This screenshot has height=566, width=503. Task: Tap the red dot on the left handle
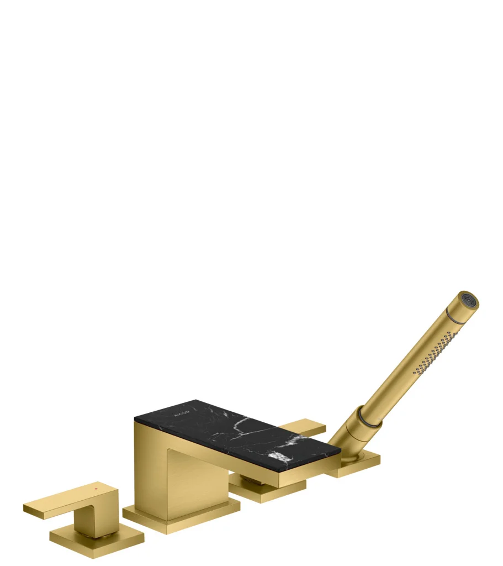(96, 489)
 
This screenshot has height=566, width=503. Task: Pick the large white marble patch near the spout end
(279, 457)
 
